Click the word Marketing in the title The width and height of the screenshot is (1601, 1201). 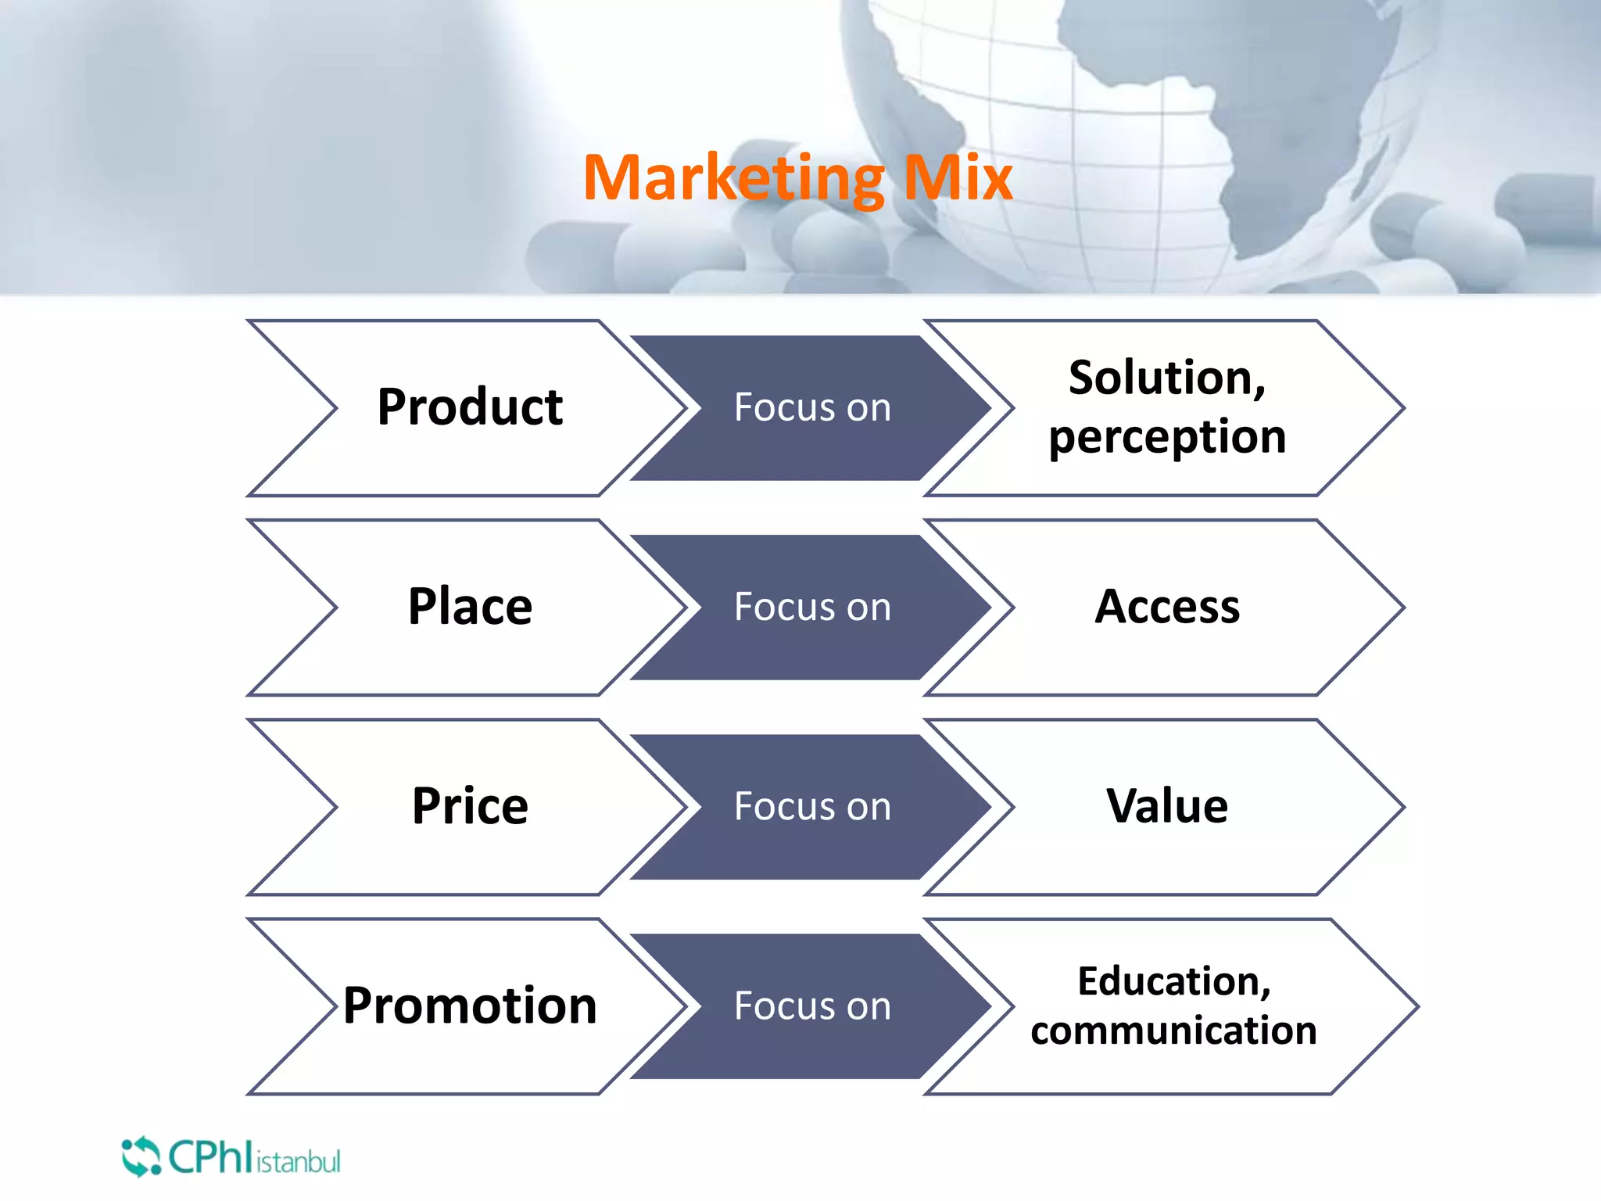click(x=733, y=178)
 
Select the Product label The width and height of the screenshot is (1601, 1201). click(x=470, y=407)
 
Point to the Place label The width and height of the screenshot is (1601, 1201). click(x=470, y=607)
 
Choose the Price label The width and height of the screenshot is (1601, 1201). click(x=470, y=806)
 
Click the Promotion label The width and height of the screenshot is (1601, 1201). click(x=470, y=1006)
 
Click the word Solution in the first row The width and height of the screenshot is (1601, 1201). click(x=1165, y=378)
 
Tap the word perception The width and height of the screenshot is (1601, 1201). click(x=1166, y=436)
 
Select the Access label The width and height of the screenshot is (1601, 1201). click(x=1166, y=607)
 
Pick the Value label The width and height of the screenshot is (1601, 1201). click(x=1166, y=806)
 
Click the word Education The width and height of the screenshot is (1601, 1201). click(x=1173, y=981)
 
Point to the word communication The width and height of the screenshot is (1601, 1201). click(x=1173, y=1031)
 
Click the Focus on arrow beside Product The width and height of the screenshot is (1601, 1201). click(x=811, y=408)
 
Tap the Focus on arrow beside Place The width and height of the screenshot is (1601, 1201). click(x=811, y=608)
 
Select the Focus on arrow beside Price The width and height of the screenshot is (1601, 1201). click(x=811, y=807)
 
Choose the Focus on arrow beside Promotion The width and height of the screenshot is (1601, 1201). click(x=811, y=1006)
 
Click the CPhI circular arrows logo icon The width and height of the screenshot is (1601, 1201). click(x=141, y=1156)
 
